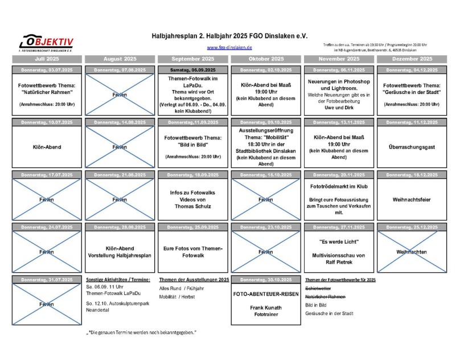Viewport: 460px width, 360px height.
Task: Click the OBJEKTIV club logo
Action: pyautogui.click(x=47, y=42)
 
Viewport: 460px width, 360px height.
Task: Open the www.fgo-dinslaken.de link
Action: pyautogui.click(x=229, y=47)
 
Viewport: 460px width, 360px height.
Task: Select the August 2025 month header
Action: pyautogui.click(x=120, y=59)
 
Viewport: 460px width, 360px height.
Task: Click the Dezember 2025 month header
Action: pyautogui.click(x=412, y=59)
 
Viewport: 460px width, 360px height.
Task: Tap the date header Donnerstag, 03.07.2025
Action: pyautogui.click(x=47, y=69)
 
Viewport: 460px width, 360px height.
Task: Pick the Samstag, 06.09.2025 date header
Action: pyautogui.click(x=193, y=69)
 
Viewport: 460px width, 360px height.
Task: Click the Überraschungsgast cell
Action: pyautogui.click(x=412, y=147)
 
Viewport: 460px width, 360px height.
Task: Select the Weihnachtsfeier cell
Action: pyautogui.click(x=412, y=199)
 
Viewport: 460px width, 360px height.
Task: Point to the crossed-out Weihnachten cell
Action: pyautogui.click(x=412, y=252)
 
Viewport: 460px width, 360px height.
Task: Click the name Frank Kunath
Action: pyautogui.click(x=266, y=307)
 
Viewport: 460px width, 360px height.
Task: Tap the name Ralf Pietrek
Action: pyautogui.click(x=339, y=263)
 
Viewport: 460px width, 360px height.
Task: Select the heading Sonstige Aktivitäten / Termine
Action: pyautogui.click(x=118, y=280)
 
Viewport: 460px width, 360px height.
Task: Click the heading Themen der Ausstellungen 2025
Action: pyautogui.click(x=194, y=280)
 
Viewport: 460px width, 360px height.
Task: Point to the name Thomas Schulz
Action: pyautogui.click(x=193, y=207)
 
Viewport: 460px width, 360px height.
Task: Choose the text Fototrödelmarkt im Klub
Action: pyautogui.click(x=339, y=186)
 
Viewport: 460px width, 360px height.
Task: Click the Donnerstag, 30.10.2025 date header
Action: pyautogui.click(x=266, y=280)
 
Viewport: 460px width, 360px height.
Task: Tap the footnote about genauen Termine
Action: pyautogui.click(x=141, y=332)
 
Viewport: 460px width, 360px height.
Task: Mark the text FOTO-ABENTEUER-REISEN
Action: pyautogui.click(x=266, y=295)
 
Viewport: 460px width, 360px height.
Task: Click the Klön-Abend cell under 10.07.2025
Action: pyautogui.click(x=47, y=147)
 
